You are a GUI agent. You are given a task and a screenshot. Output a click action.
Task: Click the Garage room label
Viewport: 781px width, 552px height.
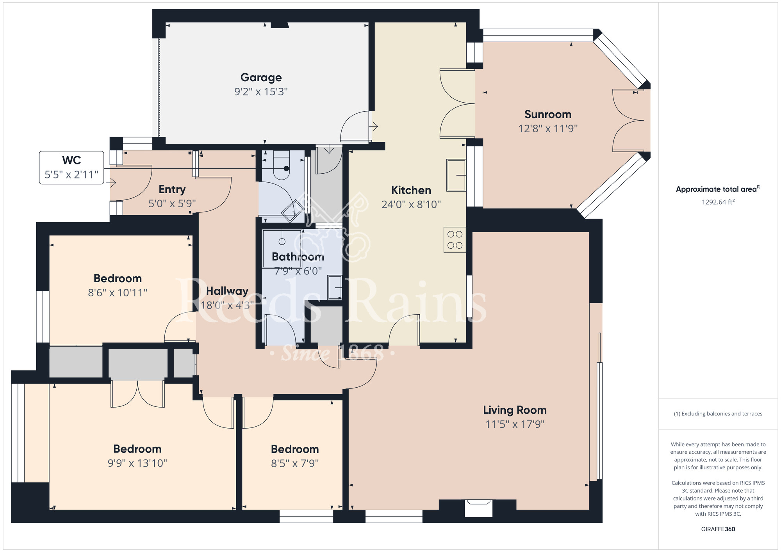pos(261,78)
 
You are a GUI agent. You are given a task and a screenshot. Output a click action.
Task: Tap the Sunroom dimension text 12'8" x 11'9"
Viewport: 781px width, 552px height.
pos(548,128)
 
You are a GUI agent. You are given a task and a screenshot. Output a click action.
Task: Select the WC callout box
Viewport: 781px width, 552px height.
pos(71,167)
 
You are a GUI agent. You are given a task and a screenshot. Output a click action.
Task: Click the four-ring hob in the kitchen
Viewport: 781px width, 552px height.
pos(455,240)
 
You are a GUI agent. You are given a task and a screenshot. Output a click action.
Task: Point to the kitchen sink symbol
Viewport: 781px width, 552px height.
pos(456,175)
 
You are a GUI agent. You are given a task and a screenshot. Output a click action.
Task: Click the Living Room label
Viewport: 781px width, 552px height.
pos(515,410)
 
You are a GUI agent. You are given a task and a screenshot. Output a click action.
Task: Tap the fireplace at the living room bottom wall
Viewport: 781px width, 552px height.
pos(478,508)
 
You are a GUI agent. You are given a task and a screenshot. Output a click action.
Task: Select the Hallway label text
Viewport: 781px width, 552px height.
pos(227,291)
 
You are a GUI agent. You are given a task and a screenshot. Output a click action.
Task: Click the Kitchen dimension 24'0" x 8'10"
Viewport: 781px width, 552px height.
pos(411,205)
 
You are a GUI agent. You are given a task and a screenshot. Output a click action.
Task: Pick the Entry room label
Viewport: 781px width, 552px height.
pos(172,190)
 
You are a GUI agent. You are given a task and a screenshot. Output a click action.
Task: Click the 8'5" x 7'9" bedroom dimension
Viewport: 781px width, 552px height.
pos(295,463)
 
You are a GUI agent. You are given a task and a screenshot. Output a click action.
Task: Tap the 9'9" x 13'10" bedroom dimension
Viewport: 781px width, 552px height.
pos(137,463)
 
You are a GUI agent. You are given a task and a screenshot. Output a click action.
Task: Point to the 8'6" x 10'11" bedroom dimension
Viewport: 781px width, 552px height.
pos(118,293)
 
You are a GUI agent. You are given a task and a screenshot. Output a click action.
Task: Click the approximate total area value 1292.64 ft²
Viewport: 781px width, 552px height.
pos(718,202)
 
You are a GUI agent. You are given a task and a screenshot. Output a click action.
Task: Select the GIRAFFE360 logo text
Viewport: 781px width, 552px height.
pos(718,529)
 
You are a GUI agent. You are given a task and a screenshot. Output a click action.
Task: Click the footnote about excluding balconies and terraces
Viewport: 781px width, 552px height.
pos(718,414)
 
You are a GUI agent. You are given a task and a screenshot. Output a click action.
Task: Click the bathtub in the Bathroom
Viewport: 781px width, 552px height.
pos(282,249)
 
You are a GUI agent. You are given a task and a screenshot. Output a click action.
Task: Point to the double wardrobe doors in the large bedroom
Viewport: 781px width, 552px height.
pos(137,394)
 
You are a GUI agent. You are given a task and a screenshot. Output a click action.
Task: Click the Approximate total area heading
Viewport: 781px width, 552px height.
pos(718,189)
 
